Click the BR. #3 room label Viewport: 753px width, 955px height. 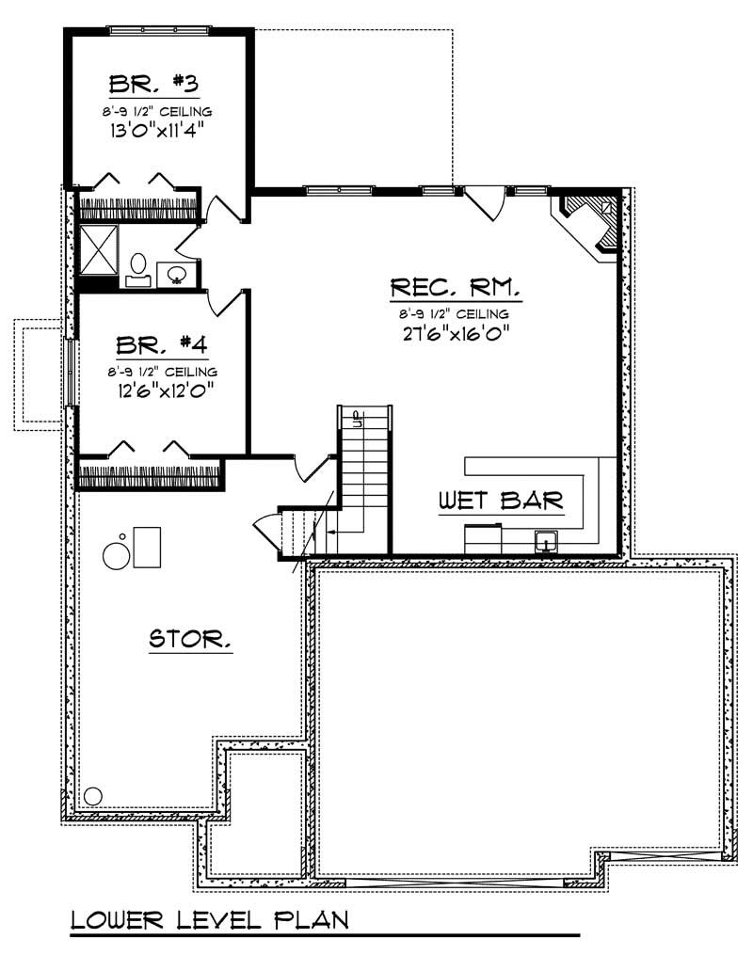pos(153,84)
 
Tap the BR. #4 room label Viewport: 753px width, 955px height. pos(156,344)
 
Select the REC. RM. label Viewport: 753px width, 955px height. pos(455,287)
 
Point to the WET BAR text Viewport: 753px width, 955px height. pos(501,501)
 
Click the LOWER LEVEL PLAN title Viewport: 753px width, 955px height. pos(210,918)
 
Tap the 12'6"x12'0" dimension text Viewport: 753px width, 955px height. pos(156,389)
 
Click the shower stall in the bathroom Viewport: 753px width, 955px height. pos(97,248)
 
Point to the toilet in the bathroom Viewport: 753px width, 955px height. pos(137,267)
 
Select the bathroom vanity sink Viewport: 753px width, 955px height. pos(176,275)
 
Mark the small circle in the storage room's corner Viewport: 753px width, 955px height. pos(92,796)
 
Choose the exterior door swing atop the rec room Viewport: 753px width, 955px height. pos(484,203)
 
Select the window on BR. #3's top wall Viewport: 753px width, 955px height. pos(159,30)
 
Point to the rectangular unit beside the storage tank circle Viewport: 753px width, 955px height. pos(147,547)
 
